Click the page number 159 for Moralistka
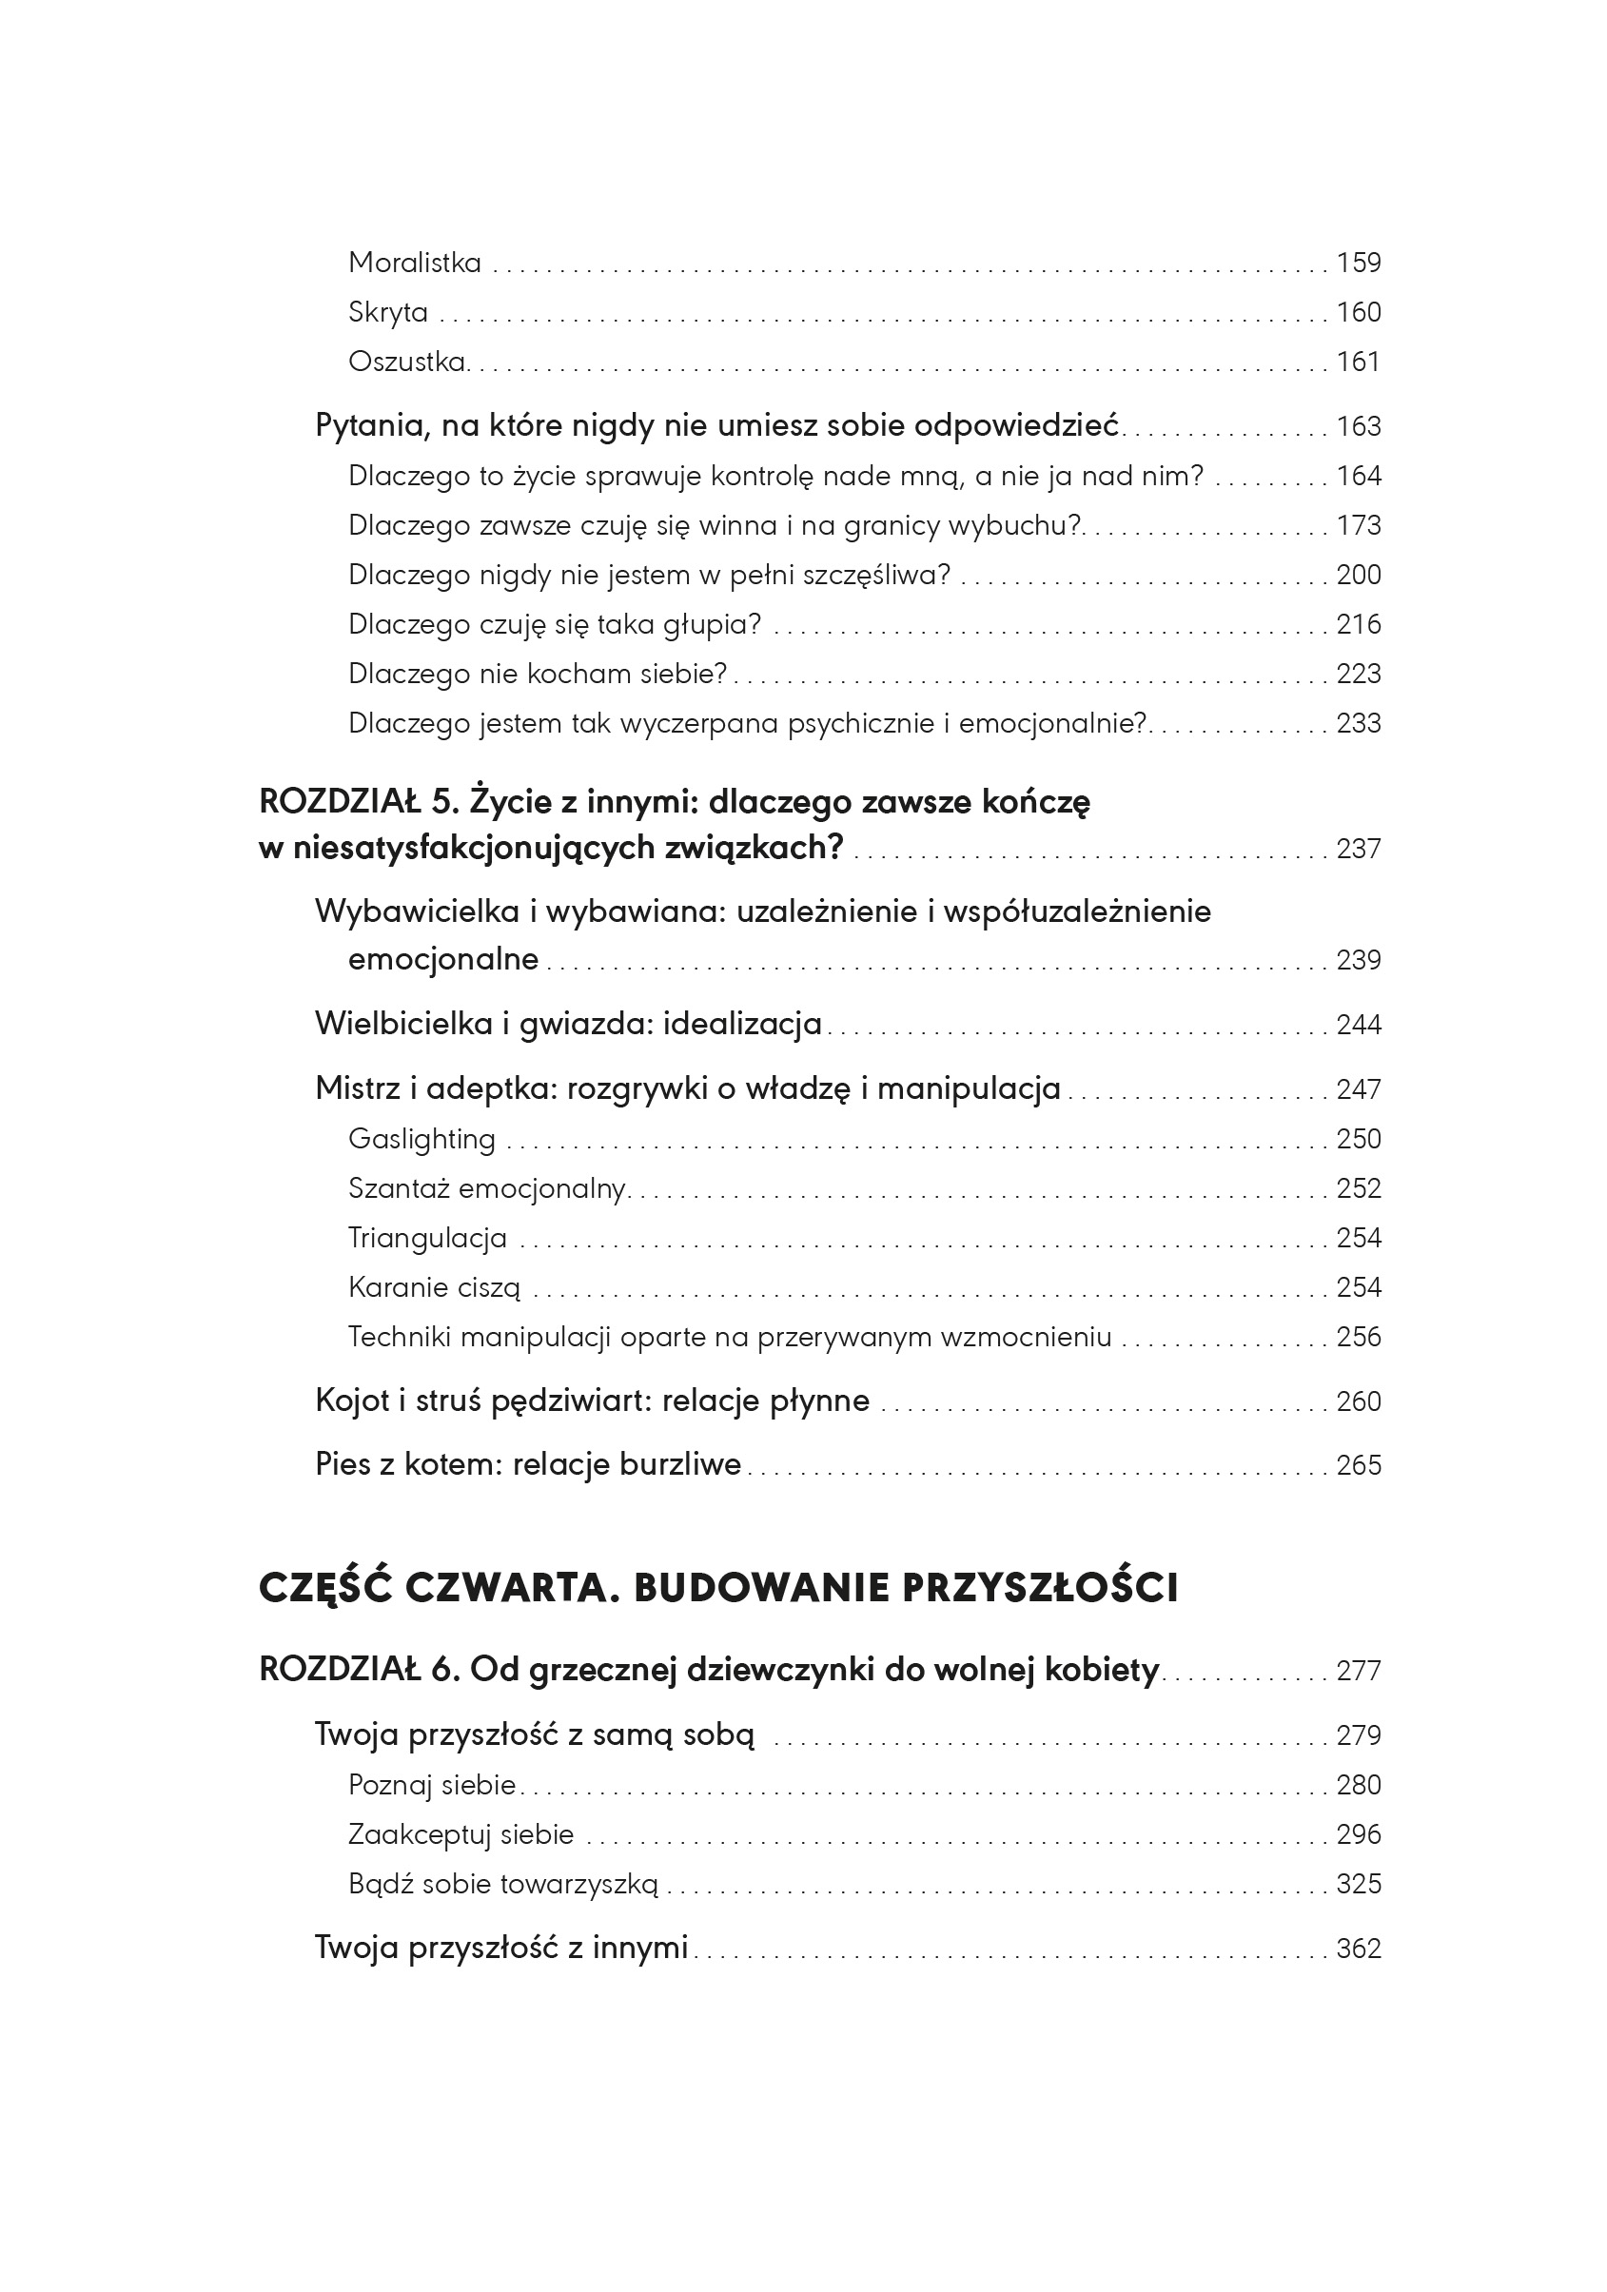coord(1358,263)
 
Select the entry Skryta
coord(387,312)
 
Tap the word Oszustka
coord(407,362)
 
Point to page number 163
coord(1358,426)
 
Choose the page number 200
coord(1358,575)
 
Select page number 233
coord(1358,723)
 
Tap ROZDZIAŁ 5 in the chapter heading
coord(354,802)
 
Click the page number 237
coord(1358,849)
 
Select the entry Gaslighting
coord(421,1139)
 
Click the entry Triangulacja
coord(427,1238)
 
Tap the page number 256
coord(1358,1337)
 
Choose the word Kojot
coord(351,1401)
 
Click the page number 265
coord(1358,1464)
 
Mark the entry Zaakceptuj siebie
coord(461,1833)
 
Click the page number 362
coord(1358,1948)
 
